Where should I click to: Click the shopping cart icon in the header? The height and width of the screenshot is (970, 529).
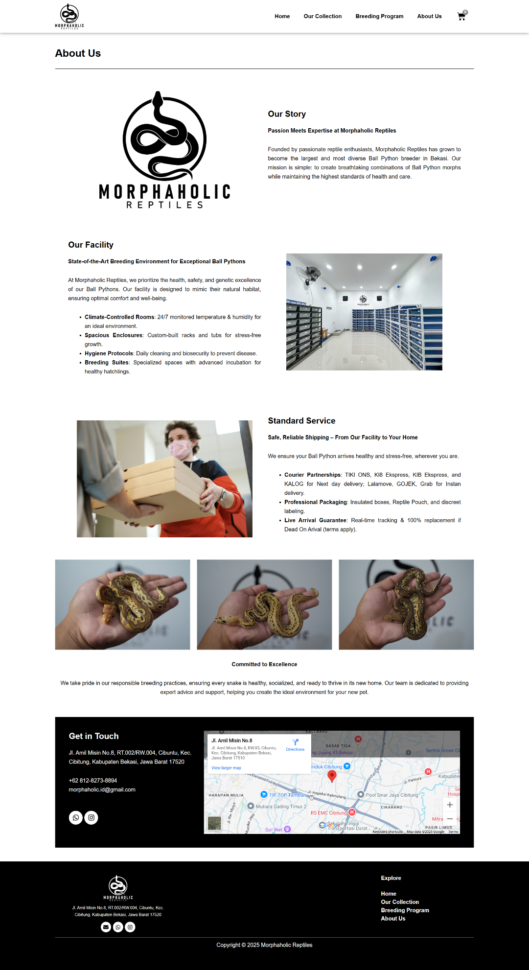coord(461,16)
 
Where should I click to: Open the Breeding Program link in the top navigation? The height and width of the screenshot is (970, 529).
coord(379,16)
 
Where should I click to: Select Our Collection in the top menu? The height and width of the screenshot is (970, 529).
coord(322,16)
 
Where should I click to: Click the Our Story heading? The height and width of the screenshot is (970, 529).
coord(287,114)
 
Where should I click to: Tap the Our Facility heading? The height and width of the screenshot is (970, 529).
coord(91,245)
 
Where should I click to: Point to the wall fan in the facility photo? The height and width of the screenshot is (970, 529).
coord(312,274)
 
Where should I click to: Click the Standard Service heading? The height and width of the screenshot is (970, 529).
coord(301,421)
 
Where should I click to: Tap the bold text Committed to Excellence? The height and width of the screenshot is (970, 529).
coord(264,664)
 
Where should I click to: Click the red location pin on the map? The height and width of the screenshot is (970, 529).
coord(332,775)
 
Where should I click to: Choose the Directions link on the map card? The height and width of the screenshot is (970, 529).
coord(295,745)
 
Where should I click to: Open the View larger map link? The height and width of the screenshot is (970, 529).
coord(226,768)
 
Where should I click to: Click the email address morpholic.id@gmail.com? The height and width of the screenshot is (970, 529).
coord(102,789)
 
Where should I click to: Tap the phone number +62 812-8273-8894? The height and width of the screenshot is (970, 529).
coord(93,781)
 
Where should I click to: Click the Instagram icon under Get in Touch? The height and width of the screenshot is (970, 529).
coord(91,817)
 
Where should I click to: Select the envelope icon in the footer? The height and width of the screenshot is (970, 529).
coord(106,927)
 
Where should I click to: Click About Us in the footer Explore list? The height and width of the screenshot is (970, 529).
coord(393,919)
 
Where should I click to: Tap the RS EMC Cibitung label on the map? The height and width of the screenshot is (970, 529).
coord(328,813)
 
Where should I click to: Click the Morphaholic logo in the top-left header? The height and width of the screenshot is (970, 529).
coord(69,16)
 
